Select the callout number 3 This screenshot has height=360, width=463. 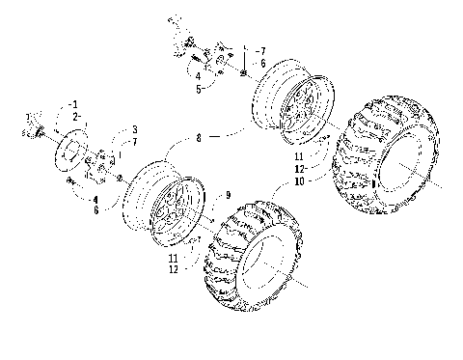pos(135,129)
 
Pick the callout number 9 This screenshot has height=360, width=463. pos(228,196)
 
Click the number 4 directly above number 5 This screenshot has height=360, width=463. pos(197,76)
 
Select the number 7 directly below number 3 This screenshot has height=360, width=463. pos(135,141)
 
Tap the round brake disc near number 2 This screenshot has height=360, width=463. pos(66,150)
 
